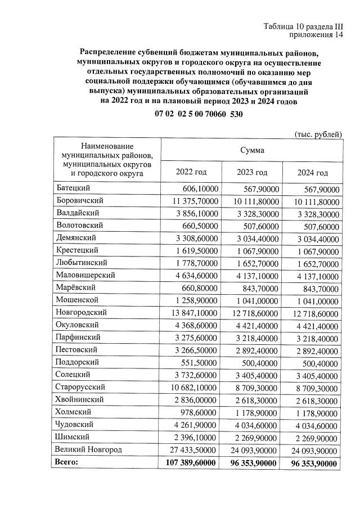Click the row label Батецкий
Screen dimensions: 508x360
[74, 188]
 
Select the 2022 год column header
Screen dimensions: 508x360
[191, 172]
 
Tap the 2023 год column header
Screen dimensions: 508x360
[252, 172]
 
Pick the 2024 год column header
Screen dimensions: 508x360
[312, 172]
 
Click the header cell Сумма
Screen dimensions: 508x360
[252, 150]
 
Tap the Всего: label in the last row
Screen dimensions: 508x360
[66, 462]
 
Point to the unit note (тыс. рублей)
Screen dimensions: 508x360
[318, 134]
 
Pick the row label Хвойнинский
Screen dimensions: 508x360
[79, 399]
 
